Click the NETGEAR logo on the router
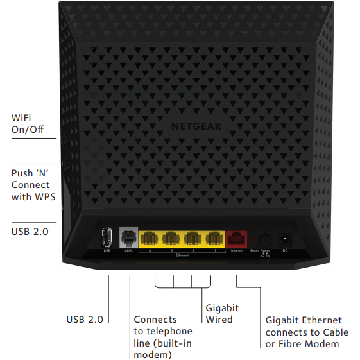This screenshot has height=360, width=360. [x=196, y=126]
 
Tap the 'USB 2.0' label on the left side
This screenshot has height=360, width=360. [x=30, y=231]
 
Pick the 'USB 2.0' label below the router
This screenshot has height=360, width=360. [x=85, y=319]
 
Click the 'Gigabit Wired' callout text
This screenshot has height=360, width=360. [x=222, y=314]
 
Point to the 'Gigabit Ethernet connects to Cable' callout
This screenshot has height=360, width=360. [x=307, y=332]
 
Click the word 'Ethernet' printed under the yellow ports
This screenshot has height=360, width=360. [x=182, y=255]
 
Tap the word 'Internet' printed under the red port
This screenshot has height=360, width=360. [x=237, y=250]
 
